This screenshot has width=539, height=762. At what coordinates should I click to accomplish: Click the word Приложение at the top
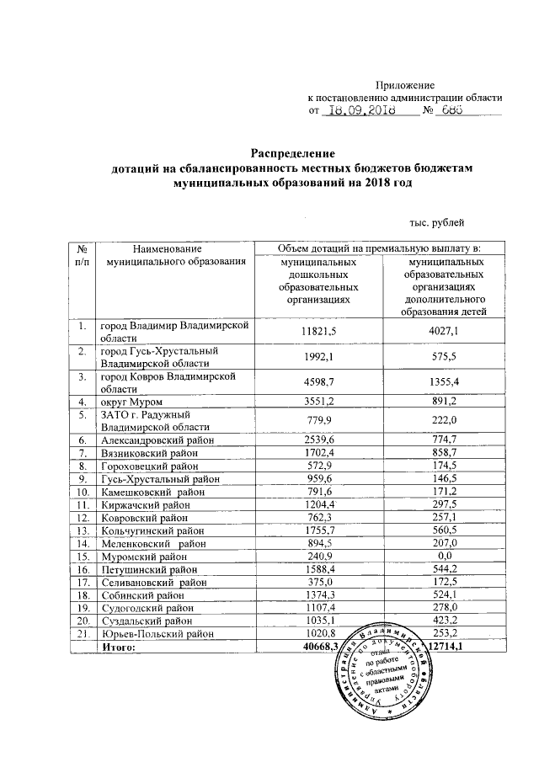point(404,85)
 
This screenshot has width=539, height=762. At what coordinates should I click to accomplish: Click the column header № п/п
point(83,256)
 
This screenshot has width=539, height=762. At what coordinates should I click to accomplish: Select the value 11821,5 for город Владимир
point(318,332)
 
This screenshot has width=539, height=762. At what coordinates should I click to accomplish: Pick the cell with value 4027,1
point(444,332)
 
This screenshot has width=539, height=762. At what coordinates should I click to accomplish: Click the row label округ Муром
point(132,402)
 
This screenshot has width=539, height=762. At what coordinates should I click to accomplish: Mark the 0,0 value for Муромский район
point(444,557)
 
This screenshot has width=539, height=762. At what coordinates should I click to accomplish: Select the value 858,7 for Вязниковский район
point(444,452)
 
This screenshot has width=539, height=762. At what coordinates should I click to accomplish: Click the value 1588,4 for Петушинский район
point(318,569)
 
